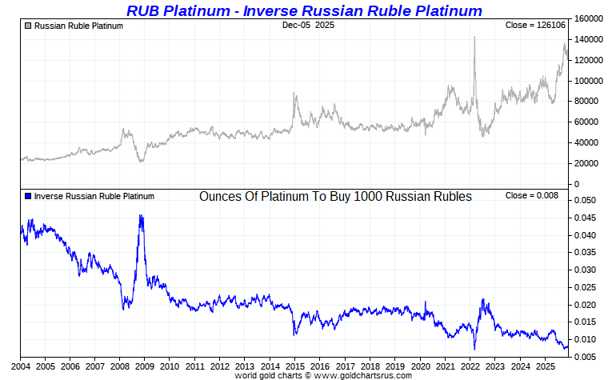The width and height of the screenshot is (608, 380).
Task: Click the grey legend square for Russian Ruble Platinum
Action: click(29, 26)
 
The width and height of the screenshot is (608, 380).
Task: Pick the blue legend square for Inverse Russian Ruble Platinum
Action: click(29, 196)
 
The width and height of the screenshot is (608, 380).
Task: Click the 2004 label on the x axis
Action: click(20, 367)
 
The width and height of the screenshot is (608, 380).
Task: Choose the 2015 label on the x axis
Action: click(294, 367)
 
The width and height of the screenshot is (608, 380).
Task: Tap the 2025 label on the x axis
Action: click(545, 367)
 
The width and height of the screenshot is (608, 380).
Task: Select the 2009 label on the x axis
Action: click(145, 367)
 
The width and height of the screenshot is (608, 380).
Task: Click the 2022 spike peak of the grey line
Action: click(474, 37)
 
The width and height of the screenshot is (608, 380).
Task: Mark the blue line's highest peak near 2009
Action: click(141, 215)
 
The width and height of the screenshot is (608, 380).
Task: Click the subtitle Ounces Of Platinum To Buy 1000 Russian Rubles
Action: click(335, 196)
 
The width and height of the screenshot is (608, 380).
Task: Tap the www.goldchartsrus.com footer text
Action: click(365, 375)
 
